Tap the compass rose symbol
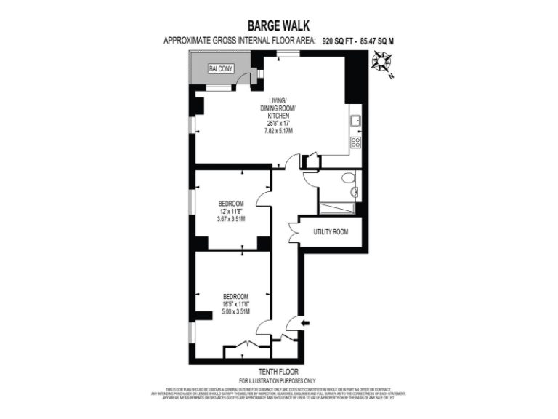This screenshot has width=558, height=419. click(379, 65)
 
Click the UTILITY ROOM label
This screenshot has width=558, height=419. click(331, 232)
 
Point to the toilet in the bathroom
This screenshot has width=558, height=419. click(348, 178)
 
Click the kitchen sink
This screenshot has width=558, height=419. click(355, 121)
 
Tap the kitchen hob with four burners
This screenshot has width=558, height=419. click(355, 142)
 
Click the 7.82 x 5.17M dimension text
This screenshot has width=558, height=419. click(278, 131)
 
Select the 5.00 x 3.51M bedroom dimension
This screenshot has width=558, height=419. click(235, 312)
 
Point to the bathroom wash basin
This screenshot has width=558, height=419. click(354, 192)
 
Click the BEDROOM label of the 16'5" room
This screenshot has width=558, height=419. click(235, 296)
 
